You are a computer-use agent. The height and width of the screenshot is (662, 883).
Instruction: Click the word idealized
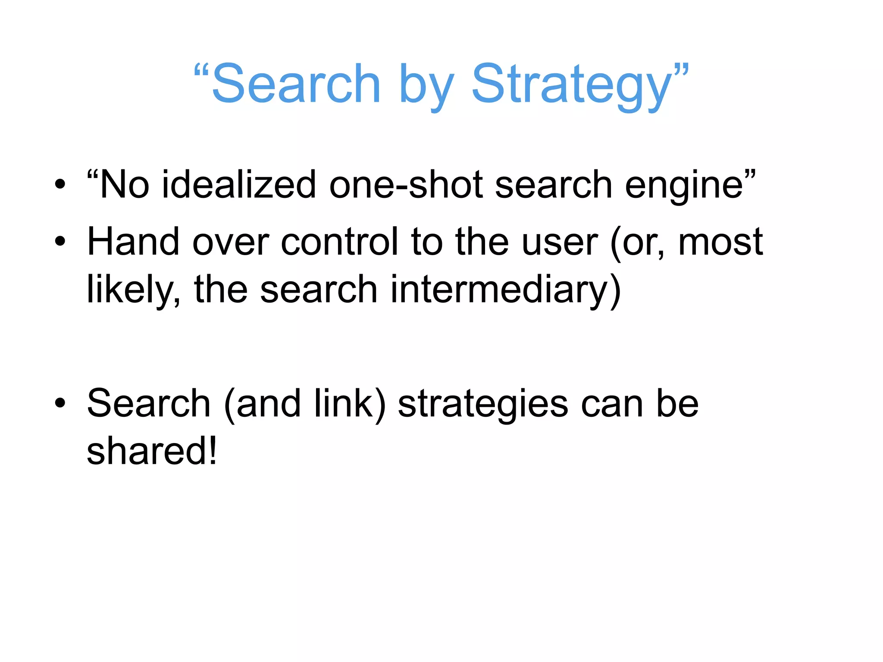tap(239, 184)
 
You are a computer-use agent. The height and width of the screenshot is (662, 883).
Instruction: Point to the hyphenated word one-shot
tap(406, 184)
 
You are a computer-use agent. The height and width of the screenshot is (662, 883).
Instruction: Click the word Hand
tap(133, 242)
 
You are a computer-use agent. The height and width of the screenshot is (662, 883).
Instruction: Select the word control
tap(339, 242)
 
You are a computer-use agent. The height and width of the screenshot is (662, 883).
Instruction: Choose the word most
tap(720, 243)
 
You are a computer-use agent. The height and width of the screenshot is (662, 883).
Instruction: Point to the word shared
tap(146, 451)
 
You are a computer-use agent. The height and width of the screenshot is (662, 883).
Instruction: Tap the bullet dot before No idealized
tap(60, 185)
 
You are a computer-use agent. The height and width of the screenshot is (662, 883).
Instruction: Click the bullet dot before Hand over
tap(60, 242)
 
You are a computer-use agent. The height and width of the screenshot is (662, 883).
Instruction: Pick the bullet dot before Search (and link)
tap(60, 403)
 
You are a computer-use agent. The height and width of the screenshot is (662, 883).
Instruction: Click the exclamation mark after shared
tap(212, 451)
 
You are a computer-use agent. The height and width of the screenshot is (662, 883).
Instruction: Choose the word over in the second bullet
tap(230, 243)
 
